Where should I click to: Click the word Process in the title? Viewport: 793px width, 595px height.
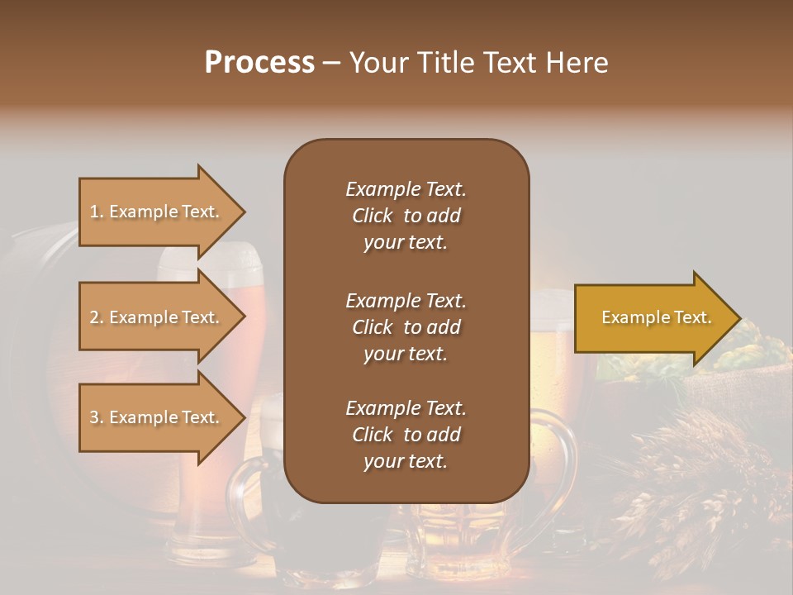[259, 63]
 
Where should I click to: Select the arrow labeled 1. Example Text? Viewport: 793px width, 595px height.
[157, 212]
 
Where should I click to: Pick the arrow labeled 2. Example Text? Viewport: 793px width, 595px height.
[157, 317]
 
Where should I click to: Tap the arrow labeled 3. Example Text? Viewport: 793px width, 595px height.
[157, 417]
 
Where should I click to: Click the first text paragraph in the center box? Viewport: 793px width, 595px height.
[406, 216]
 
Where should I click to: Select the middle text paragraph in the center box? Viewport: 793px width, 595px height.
[406, 327]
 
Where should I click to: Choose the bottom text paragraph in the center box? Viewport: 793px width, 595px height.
[406, 435]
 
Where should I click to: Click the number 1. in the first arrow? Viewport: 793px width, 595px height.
[97, 212]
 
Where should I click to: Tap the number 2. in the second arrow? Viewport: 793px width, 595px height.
[97, 317]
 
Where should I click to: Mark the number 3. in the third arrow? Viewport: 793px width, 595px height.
[97, 417]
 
